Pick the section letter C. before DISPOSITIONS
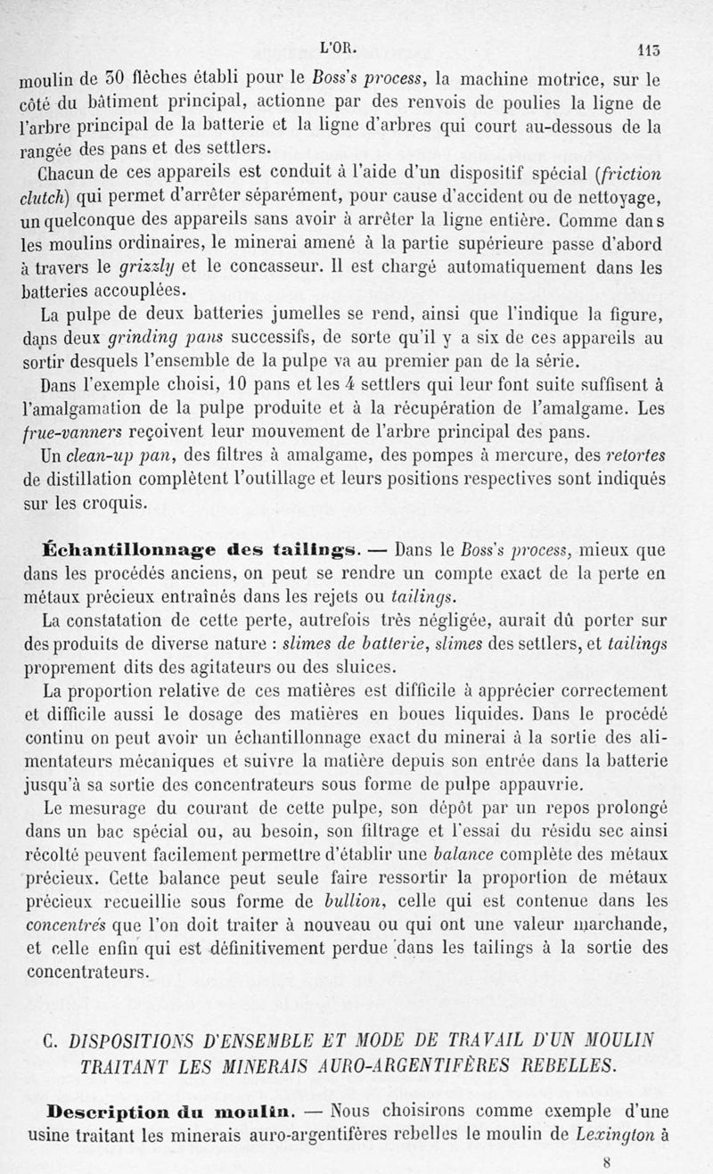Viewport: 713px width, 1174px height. (x=51, y=1039)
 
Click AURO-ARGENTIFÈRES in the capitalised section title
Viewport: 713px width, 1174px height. (x=364, y=1063)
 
